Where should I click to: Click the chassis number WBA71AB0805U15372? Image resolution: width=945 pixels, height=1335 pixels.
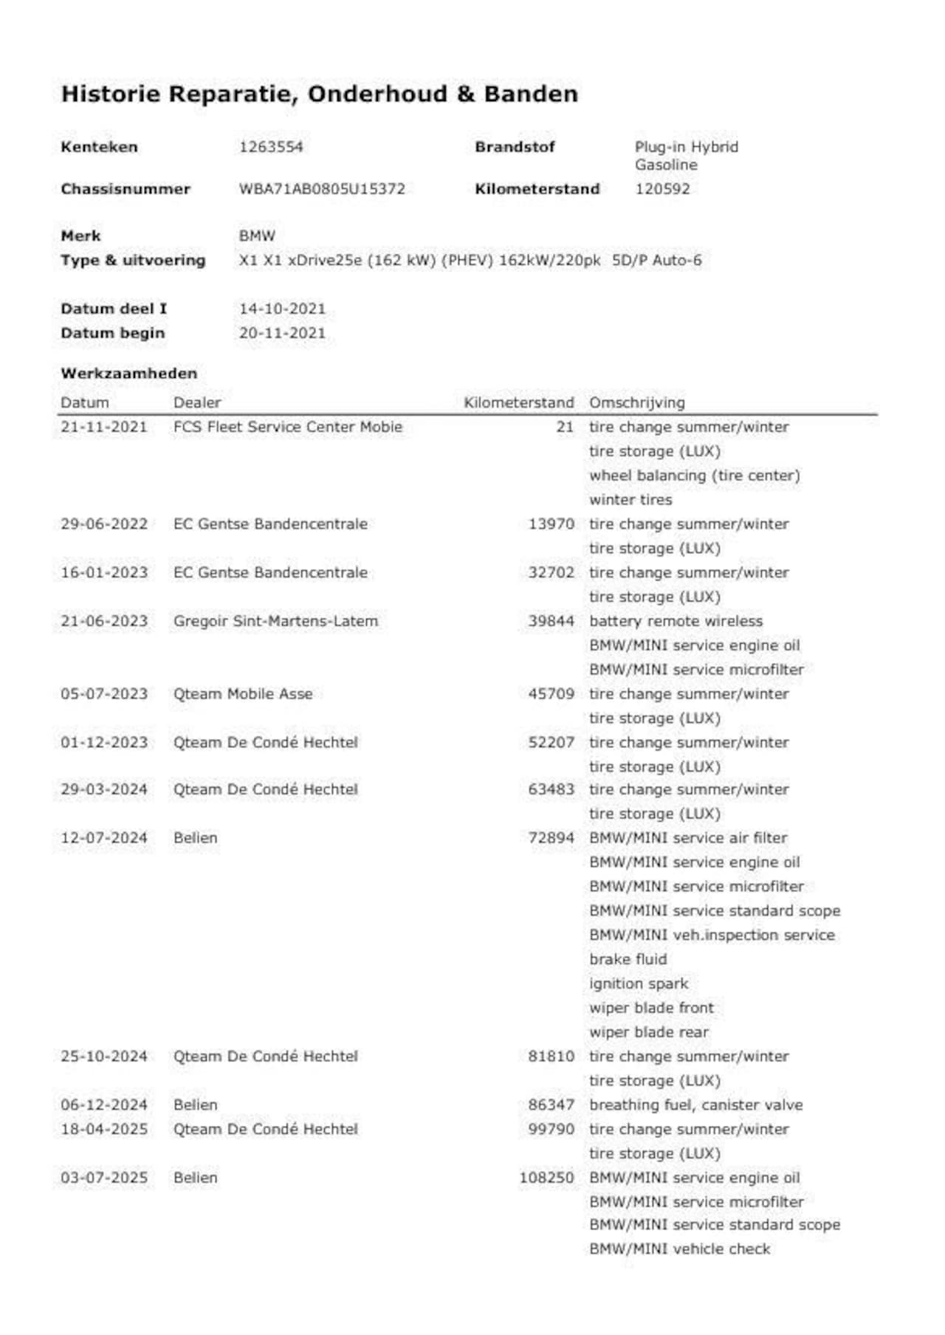coord(322,189)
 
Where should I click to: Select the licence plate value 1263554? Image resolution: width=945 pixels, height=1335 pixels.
coord(271,147)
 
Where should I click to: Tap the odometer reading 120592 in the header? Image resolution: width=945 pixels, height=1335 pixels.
coord(662,189)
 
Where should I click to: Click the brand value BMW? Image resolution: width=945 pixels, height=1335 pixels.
coord(257,236)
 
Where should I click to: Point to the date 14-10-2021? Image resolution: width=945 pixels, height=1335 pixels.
coord(282,309)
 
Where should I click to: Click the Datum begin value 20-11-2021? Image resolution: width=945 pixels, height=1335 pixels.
coord(282,333)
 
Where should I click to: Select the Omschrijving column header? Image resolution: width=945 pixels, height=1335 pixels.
coord(636,403)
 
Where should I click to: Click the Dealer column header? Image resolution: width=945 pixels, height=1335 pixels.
coord(197,403)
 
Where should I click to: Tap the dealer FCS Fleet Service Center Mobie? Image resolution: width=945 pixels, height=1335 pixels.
coord(288,427)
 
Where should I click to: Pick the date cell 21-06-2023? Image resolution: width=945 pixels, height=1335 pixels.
coord(104,621)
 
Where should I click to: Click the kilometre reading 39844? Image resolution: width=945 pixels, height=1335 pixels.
coord(551,621)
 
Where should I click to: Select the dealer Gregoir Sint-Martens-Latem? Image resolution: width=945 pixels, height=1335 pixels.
coord(275,621)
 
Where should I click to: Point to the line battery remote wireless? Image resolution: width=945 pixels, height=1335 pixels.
coord(676,621)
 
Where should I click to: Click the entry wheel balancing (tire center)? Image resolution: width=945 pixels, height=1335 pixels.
coord(694,476)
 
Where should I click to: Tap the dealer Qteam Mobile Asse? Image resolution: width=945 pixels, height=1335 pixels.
coord(243,694)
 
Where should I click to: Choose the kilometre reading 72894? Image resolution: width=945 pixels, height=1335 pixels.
coord(551,838)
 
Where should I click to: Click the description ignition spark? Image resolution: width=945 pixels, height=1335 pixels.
coord(639,984)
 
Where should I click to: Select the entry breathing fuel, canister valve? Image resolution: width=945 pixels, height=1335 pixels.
coord(695,1105)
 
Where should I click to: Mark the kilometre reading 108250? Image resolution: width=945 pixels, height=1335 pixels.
coord(546,1178)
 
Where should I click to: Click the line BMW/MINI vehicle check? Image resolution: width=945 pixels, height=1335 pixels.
coord(679,1249)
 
